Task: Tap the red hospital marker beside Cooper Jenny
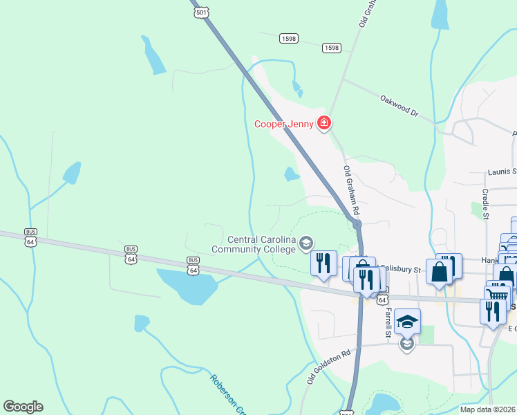(x=323, y=124)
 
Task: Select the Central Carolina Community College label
(x=254, y=245)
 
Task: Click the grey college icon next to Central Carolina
(x=306, y=243)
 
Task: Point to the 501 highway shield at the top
(x=201, y=13)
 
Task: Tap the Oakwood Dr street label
(x=399, y=105)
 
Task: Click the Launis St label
(x=502, y=171)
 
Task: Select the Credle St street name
(x=485, y=204)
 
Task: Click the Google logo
(x=23, y=407)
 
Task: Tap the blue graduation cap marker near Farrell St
(x=408, y=322)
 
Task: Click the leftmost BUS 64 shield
(x=30, y=237)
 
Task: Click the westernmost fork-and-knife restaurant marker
(x=323, y=264)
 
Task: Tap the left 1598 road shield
(x=289, y=39)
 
